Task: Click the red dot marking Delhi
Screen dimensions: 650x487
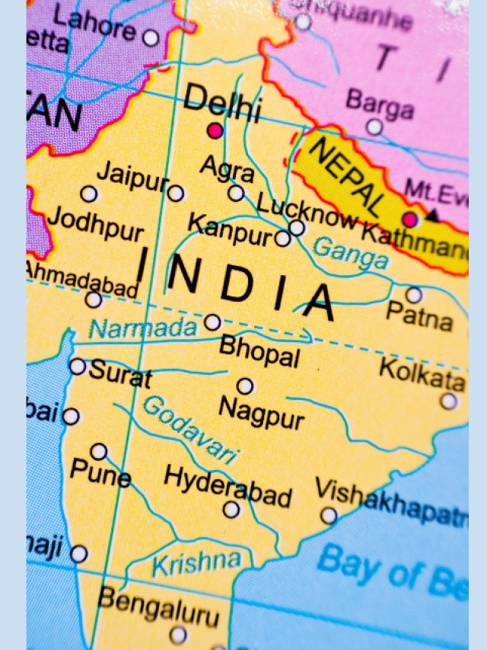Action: [216, 131]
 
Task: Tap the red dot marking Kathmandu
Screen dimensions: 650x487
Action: [411, 219]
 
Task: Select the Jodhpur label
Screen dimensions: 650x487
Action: [95, 223]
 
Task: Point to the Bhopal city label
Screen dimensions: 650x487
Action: [259, 351]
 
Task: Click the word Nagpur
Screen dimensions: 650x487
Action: [262, 412]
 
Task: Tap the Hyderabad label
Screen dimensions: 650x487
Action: [228, 485]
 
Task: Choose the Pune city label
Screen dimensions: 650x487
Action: [100, 473]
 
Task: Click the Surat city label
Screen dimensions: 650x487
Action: [120, 373]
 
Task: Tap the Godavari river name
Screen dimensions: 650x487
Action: [190, 430]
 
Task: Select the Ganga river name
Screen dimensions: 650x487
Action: [351, 254]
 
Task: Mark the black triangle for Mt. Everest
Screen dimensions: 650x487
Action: [432, 216]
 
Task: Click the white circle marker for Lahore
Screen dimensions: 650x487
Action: [151, 37]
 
